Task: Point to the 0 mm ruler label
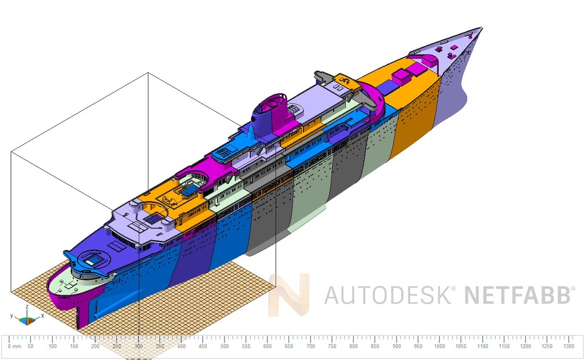click(15, 346)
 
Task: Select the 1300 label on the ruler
click(569, 346)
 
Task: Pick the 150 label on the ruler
click(74, 346)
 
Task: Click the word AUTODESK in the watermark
click(390, 295)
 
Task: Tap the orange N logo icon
click(290, 295)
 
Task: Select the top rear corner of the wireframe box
click(148, 73)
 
